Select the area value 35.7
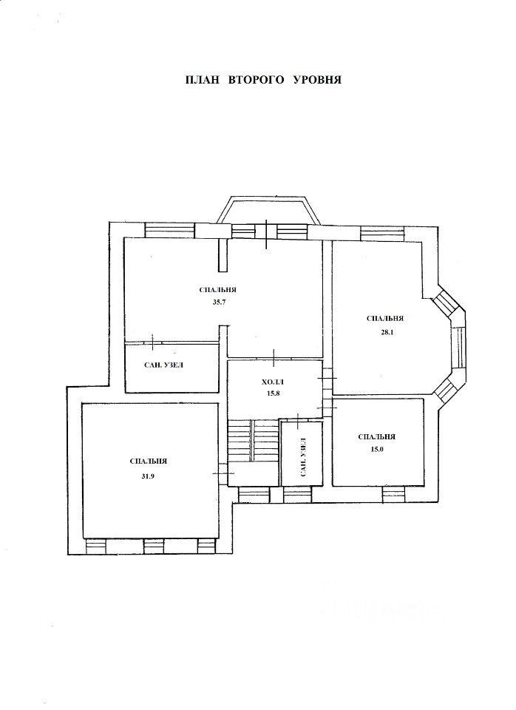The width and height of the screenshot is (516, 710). [219, 302]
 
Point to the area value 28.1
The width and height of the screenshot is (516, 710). [385, 331]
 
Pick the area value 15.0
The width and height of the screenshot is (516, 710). [376, 450]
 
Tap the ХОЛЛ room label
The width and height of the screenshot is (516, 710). [274, 382]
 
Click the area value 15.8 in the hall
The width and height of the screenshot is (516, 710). [274, 393]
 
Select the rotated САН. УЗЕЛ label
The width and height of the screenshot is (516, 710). [303, 457]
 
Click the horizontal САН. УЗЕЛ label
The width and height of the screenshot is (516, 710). [164, 366]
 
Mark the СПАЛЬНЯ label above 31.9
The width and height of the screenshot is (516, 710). [149, 461]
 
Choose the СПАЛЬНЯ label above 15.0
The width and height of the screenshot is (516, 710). [376, 437]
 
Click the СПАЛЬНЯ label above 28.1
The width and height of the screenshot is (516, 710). [384, 318]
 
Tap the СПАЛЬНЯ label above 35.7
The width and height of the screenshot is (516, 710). [218, 290]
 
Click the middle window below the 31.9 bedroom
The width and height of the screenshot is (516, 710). [154, 547]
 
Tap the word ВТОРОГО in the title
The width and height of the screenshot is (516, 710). [257, 80]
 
